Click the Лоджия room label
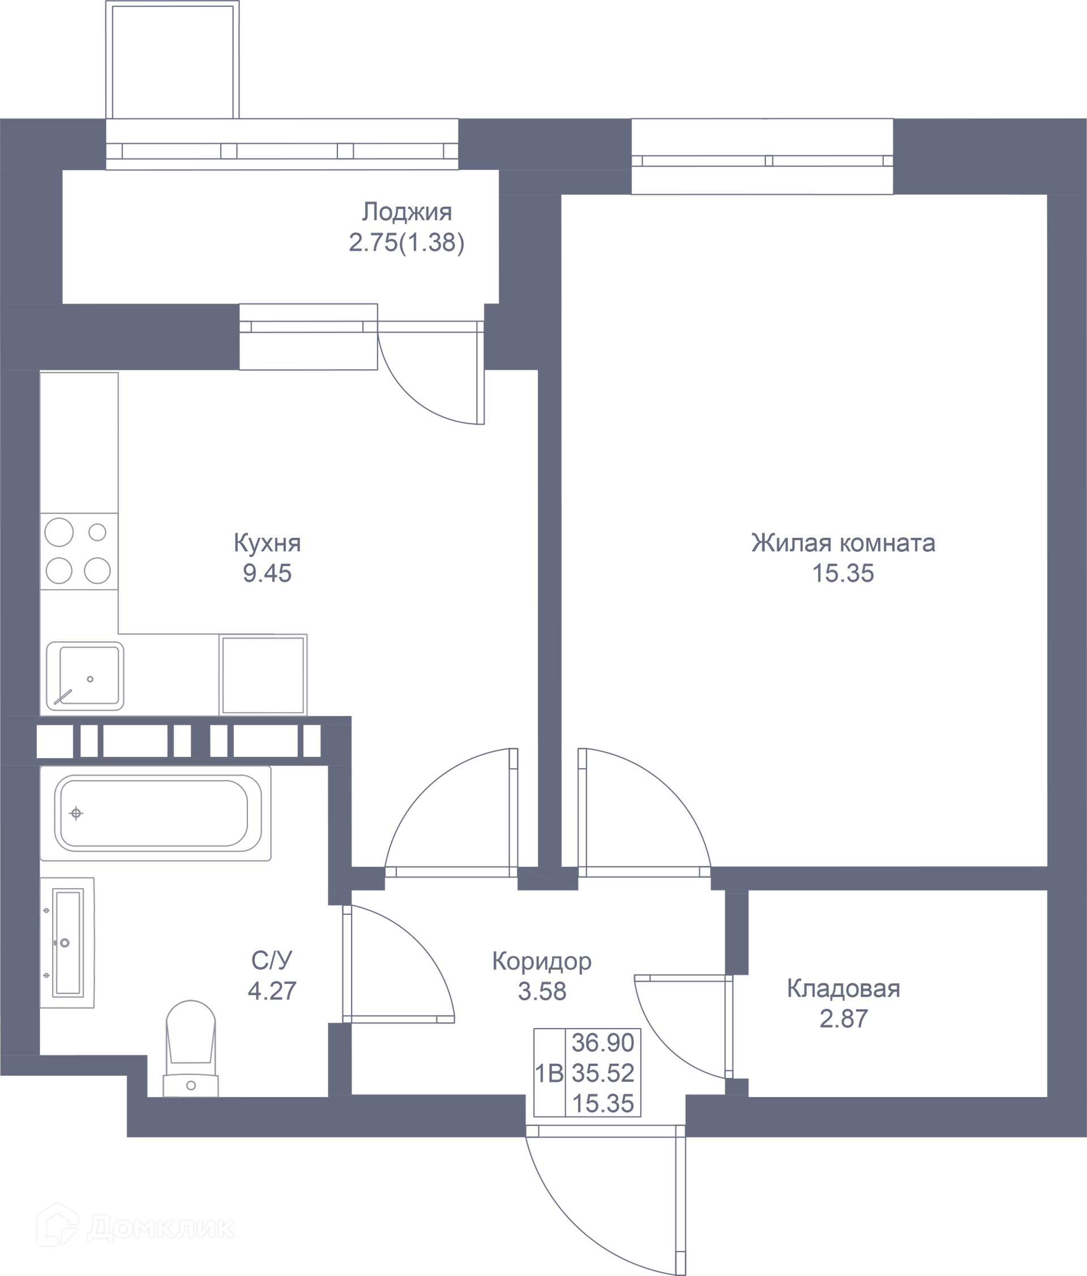point(406,212)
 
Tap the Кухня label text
point(267,543)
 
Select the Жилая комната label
point(843,543)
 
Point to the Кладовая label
point(843,988)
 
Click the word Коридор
point(541,961)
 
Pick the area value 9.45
point(267,573)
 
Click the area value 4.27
point(272,991)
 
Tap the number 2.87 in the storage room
point(843,1018)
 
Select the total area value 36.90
point(603,1043)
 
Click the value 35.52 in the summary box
point(603,1073)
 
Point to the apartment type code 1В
point(549,1074)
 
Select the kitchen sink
point(84,676)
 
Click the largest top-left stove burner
point(59,532)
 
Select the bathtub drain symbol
point(76,813)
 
